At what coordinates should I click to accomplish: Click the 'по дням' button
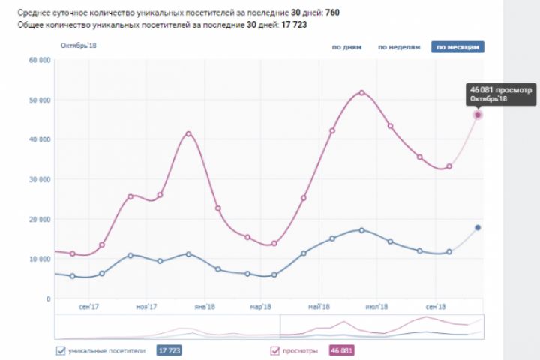[346, 47]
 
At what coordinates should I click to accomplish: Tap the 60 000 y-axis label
[38, 60]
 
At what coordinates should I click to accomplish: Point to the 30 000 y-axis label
[38, 179]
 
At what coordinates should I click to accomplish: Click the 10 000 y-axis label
[38, 259]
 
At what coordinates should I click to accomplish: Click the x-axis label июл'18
[377, 307]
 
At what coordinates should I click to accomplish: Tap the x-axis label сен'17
[88, 307]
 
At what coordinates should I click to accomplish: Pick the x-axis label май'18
[319, 307]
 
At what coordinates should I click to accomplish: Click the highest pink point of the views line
[361, 92]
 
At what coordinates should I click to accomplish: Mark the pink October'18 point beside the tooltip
[478, 115]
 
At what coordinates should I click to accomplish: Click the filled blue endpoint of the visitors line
[478, 227]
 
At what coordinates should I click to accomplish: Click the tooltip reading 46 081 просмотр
[499, 94]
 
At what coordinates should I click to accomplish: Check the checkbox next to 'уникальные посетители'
[61, 349]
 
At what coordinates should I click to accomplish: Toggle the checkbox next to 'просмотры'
[274, 349]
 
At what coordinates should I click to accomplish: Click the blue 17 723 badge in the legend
[169, 349]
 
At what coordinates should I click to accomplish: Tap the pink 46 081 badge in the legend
[341, 349]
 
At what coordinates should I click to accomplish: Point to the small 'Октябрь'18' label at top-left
[79, 46]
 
